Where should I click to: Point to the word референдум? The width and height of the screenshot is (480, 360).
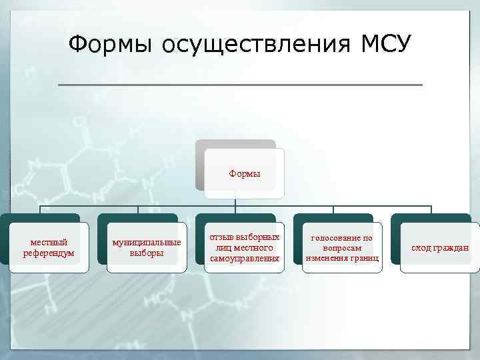[48, 253]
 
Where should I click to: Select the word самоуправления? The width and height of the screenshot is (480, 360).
[244, 258]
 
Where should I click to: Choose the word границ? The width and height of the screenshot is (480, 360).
[365, 258]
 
